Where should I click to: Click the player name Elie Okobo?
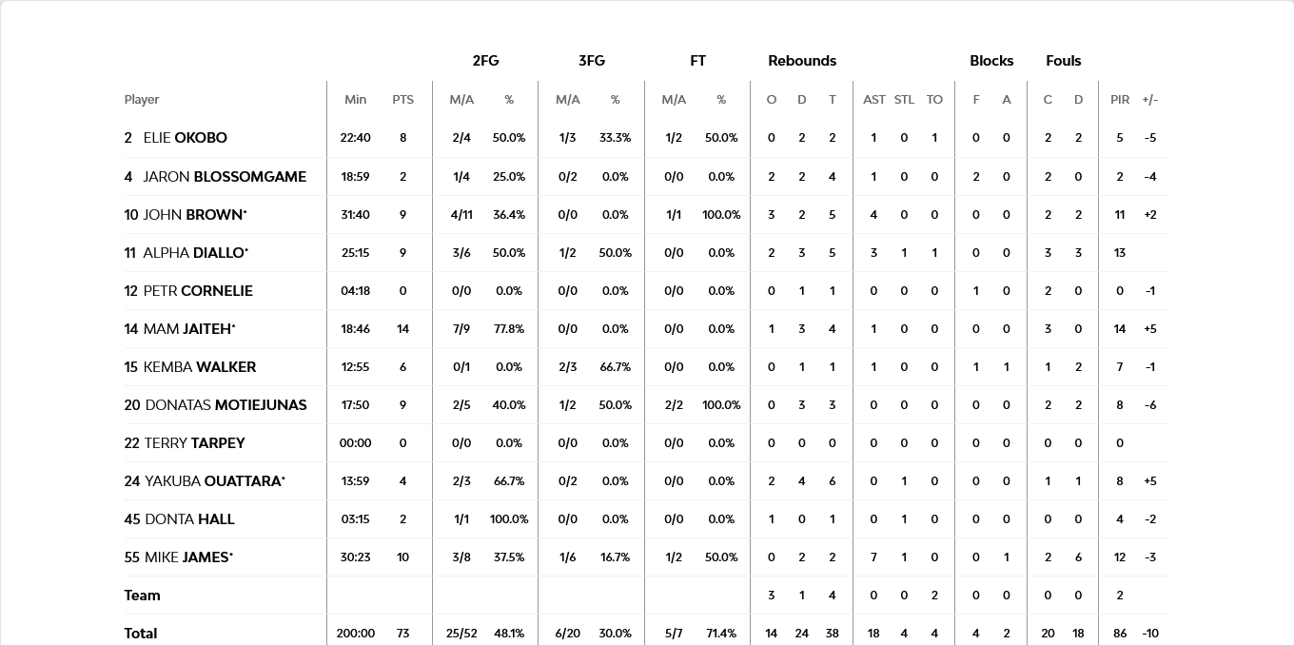(x=185, y=138)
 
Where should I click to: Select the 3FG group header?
(x=592, y=61)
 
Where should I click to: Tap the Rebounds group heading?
(x=802, y=61)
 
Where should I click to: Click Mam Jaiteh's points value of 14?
(x=402, y=329)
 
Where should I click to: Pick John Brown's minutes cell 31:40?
(x=355, y=215)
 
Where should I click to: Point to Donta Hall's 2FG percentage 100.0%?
(x=509, y=519)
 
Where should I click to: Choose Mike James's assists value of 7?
(x=873, y=557)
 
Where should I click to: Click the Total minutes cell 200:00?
(x=355, y=634)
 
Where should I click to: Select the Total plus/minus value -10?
(x=1150, y=634)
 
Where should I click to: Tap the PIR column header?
(x=1120, y=100)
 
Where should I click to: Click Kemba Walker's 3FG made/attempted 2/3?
(x=567, y=367)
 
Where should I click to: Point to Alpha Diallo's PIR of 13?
(x=1120, y=253)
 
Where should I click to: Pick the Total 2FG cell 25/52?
(x=461, y=634)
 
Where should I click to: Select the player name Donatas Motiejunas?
(x=225, y=405)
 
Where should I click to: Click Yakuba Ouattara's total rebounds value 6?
(x=832, y=481)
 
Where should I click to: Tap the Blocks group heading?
(x=991, y=61)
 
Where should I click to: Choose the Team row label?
(x=142, y=596)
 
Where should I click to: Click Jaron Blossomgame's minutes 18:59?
(x=355, y=177)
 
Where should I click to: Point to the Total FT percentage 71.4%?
(x=721, y=634)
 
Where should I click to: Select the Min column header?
(x=355, y=100)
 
